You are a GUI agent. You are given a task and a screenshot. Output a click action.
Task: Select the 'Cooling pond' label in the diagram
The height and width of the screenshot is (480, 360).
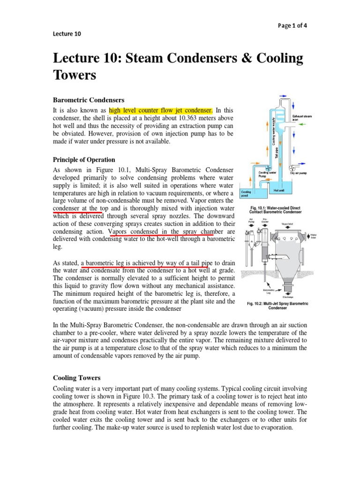point(247,194)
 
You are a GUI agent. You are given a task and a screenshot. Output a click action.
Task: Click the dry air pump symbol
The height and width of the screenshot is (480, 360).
point(292,166)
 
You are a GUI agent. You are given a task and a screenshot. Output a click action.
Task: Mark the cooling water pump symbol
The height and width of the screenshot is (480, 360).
point(268,168)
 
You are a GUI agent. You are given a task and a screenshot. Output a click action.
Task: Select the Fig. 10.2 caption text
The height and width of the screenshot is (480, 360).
point(277,306)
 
